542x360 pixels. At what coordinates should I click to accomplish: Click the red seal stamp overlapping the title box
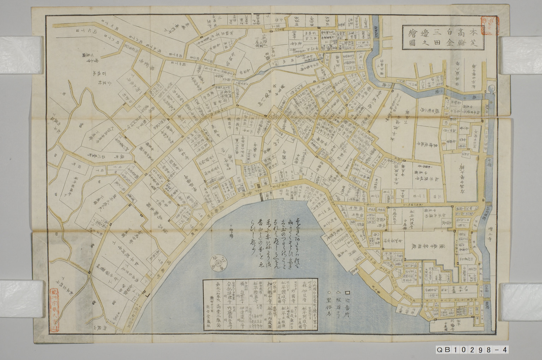pos(490,26)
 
